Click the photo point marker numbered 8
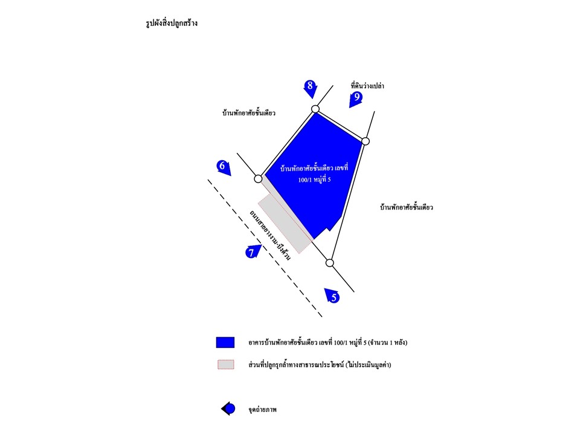(x=311, y=88)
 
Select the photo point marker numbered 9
(x=355, y=98)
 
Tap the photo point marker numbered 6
(x=224, y=167)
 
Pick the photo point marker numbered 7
(x=253, y=251)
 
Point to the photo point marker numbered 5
(x=332, y=295)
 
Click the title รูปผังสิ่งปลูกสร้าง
(x=172, y=23)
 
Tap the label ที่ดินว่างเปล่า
(x=367, y=86)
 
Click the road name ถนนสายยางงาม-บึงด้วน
(x=270, y=235)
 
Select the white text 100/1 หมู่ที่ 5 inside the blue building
(x=314, y=180)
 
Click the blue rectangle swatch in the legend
(x=225, y=343)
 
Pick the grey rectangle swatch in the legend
(x=225, y=365)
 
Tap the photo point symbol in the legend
(x=228, y=409)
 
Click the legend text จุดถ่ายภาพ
(x=263, y=410)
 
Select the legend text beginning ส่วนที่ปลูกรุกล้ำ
(x=320, y=365)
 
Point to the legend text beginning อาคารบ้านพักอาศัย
(x=327, y=343)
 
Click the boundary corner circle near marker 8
(x=315, y=109)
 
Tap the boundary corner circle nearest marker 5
(x=330, y=263)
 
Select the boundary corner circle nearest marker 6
(x=258, y=179)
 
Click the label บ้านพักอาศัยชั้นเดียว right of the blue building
(x=407, y=207)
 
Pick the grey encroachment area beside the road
(x=285, y=224)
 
